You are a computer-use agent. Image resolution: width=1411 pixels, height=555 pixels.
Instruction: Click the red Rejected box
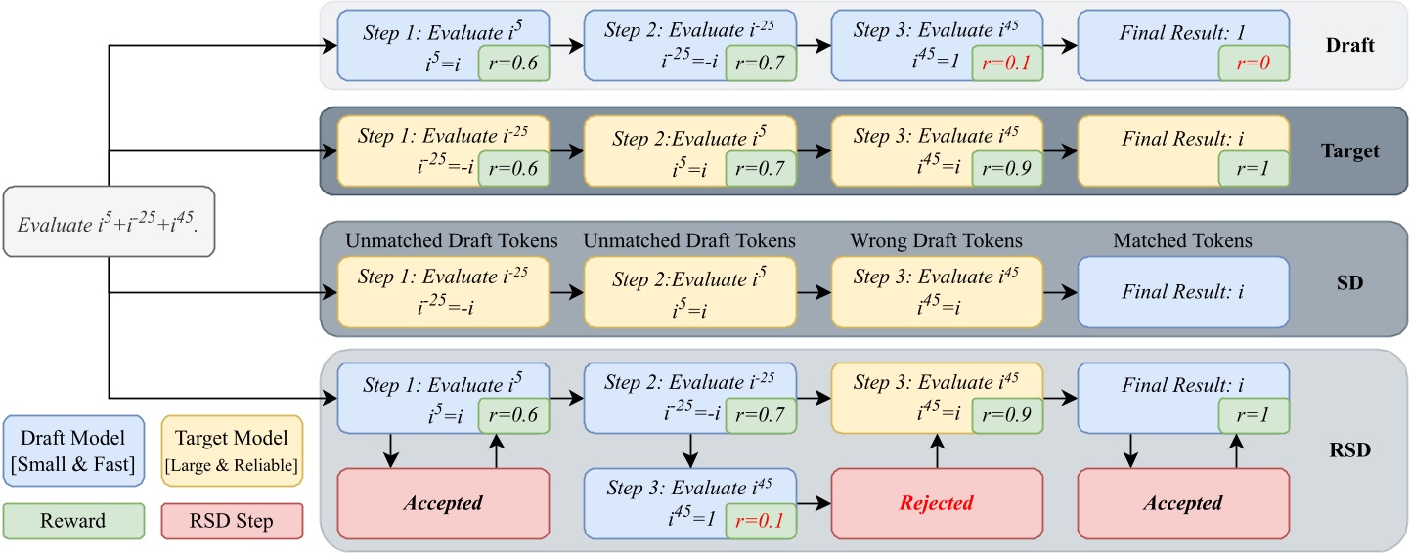click(x=937, y=503)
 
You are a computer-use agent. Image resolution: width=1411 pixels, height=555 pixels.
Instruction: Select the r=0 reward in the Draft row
click(x=1254, y=64)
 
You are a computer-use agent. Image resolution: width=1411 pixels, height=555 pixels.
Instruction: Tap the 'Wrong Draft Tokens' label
click(x=936, y=240)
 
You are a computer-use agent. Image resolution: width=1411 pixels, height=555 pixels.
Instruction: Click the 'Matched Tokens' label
click(x=1183, y=240)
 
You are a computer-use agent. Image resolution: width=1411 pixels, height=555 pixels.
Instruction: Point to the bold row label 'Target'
click(x=1349, y=150)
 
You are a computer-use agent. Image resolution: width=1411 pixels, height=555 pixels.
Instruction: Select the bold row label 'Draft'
click(x=1349, y=45)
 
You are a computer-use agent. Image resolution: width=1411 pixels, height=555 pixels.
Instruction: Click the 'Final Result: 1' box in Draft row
click(x=1183, y=45)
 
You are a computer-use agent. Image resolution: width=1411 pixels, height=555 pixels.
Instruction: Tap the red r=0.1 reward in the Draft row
click(x=1007, y=64)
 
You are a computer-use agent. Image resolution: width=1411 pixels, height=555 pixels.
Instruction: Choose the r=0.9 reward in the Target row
click(x=1007, y=170)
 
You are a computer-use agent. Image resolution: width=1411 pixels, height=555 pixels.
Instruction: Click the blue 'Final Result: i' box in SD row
click(x=1183, y=291)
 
